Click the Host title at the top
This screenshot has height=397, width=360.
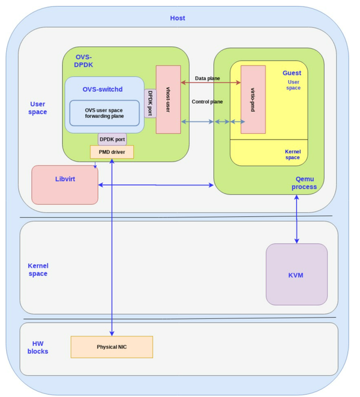[178, 18]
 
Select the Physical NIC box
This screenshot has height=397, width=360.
[112, 347]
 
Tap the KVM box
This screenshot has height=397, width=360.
[296, 274]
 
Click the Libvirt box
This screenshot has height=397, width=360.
[65, 184]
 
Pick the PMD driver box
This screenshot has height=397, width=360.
[112, 152]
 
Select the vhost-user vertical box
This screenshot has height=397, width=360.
[168, 100]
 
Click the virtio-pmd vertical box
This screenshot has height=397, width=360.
[253, 100]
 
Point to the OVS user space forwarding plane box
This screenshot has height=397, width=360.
[104, 113]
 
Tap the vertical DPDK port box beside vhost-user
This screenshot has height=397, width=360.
[150, 103]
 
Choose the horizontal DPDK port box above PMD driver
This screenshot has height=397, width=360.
[112, 139]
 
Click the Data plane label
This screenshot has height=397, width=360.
[207, 78]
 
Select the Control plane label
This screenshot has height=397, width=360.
[208, 102]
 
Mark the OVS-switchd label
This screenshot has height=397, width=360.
[103, 89]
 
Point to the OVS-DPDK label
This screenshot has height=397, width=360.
[84, 61]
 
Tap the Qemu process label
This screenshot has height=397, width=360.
[304, 183]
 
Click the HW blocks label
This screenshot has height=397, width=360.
[38, 347]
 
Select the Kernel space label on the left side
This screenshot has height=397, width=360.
[38, 270]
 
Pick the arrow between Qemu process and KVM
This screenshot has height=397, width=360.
[296, 219]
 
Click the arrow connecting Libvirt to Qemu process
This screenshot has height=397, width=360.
[156, 185]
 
